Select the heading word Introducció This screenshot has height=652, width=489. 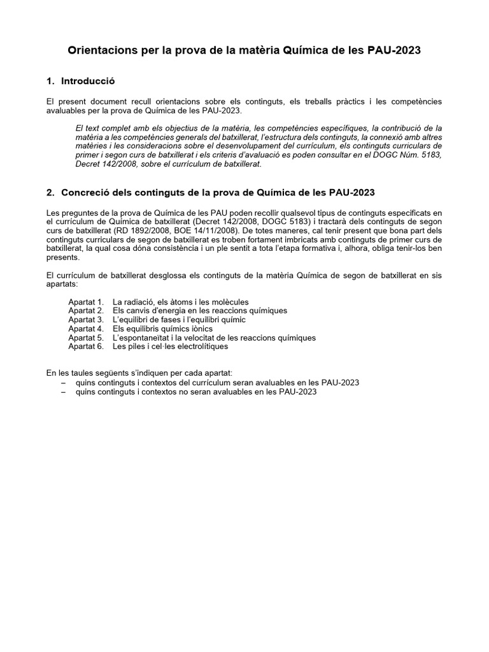click(x=88, y=81)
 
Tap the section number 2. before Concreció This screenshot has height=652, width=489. click(x=51, y=192)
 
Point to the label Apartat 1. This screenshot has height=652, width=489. click(x=85, y=301)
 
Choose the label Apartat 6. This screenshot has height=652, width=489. click(x=85, y=346)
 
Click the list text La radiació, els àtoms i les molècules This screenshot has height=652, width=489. click(x=180, y=301)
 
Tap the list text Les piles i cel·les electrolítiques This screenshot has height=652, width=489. click(x=170, y=346)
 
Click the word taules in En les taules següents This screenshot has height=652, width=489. click(x=81, y=372)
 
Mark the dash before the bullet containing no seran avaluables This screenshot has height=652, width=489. click(x=62, y=392)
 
